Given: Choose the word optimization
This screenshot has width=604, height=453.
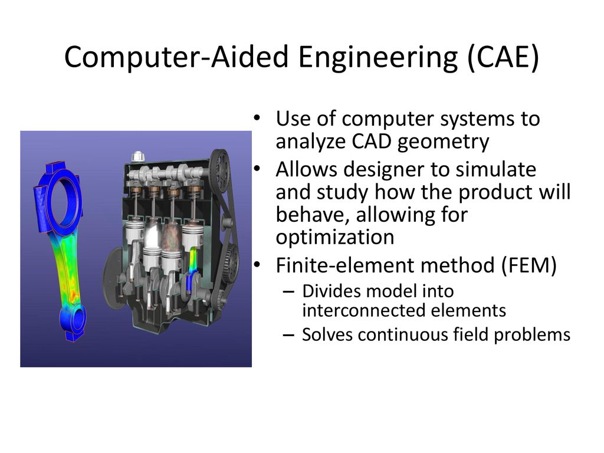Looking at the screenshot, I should click(334, 237).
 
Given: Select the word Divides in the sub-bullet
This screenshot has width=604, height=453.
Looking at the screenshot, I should click(327, 291).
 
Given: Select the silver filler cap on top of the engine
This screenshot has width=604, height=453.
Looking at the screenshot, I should click(138, 157).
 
